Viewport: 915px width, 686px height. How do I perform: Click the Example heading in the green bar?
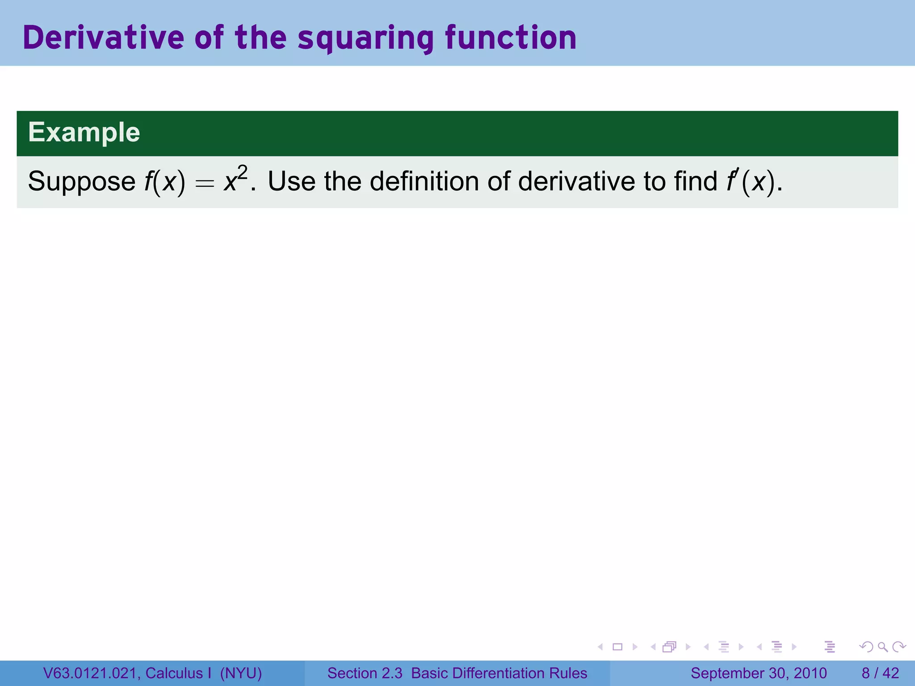[x=84, y=133]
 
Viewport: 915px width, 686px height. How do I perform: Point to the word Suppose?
[x=82, y=182]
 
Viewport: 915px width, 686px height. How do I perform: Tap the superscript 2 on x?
[x=242, y=173]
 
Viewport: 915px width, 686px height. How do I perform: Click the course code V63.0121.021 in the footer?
[x=92, y=673]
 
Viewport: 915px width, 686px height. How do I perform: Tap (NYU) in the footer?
[x=241, y=673]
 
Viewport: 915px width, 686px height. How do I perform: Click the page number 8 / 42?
[x=880, y=673]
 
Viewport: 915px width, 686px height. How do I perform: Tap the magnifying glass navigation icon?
[x=882, y=647]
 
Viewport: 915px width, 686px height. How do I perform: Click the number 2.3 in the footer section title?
[x=392, y=673]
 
